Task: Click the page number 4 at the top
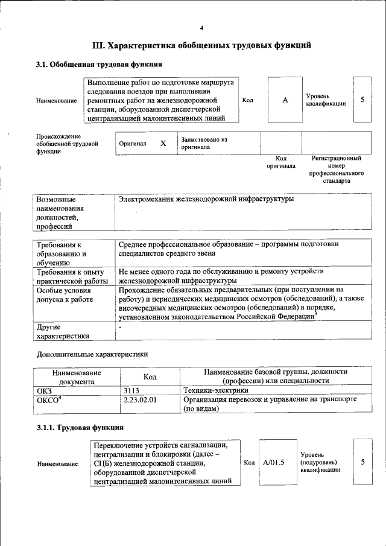[x=201, y=28]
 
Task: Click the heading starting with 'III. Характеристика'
[x=201, y=45]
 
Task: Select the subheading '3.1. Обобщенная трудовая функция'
[x=99, y=64]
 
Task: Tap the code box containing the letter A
[x=285, y=100]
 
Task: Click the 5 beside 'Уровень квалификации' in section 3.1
[x=362, y=100]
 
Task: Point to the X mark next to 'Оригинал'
[x=163, y=144]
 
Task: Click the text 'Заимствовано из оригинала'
[x=204, y=143]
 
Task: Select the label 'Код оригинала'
[x=281, y=162]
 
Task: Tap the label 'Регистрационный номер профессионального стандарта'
[x=336, y=169]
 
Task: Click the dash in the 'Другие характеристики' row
[x=121, y=326]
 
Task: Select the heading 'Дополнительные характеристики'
[x=92, y=354]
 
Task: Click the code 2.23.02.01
[x=139, y=399]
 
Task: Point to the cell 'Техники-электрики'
[x=215, y=390]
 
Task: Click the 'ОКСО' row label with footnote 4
[x=49, y=399]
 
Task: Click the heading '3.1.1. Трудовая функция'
[x=80, y=428]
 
